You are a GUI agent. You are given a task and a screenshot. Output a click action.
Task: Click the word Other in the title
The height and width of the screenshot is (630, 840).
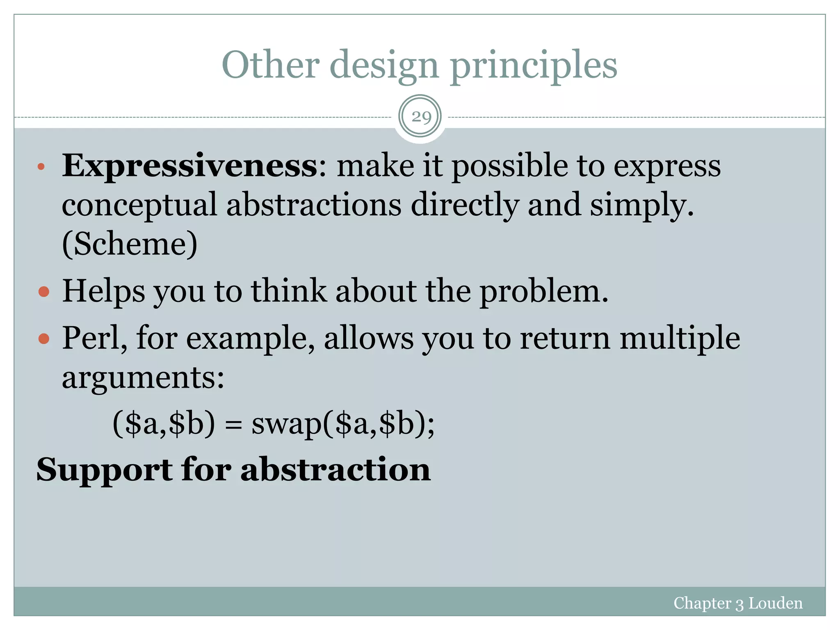click(270, 64)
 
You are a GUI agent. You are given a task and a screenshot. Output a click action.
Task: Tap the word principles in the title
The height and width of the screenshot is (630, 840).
click(534, 66)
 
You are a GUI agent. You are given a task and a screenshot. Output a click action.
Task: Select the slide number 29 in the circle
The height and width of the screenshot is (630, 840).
click(420, 117)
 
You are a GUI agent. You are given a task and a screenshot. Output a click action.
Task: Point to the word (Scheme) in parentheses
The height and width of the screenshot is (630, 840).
click(130, 244)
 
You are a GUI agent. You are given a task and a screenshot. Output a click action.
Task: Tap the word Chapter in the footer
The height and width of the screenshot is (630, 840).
click(702, 603)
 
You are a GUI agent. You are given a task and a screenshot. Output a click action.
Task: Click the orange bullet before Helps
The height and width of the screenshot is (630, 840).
click(43, 292)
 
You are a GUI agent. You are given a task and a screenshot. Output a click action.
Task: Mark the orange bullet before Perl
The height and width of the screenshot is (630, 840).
click(43, 339)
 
